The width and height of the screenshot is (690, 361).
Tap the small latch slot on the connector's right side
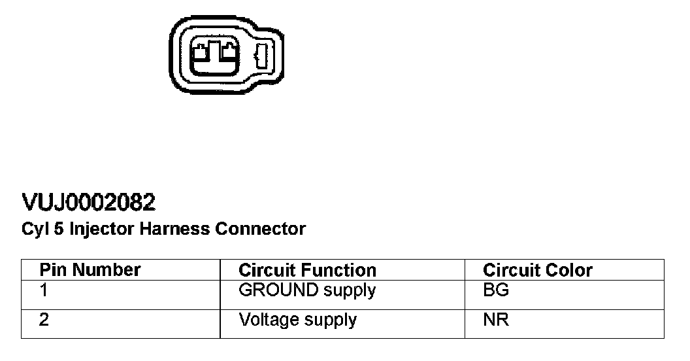tap(261, 56)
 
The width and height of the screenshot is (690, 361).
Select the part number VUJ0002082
tap(89, 203)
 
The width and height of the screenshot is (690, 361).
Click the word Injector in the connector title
tap(100, 229)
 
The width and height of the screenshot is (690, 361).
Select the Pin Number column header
tap(90, 270)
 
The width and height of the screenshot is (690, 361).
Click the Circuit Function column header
tap(307, 270)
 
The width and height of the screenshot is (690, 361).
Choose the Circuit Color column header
tap(537, 270)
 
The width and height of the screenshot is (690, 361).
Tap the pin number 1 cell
tap(44, 290)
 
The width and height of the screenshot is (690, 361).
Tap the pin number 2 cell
tap(44, 320)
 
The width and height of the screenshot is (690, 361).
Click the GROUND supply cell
tap(307, 290)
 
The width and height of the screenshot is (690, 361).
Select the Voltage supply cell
tap(297, 320)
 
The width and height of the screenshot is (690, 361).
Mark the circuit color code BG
tap(495, 290)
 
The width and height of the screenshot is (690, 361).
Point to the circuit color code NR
tap(495, 320)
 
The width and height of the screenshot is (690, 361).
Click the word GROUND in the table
tap(277, 290)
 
